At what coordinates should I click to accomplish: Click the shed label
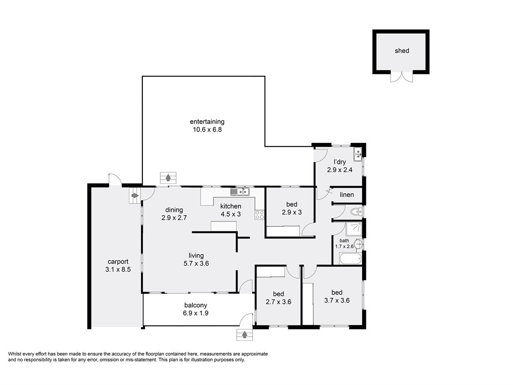pos(401,51)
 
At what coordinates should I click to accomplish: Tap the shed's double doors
pos(401,77)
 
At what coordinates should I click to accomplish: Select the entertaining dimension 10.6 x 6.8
pos(207,130)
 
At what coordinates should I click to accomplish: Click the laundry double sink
pos(357,154)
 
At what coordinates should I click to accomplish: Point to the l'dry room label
pos(339,162)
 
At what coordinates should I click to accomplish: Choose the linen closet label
pos(347,195)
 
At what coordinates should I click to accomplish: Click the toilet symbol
pos(356,212)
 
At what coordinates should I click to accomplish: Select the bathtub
pos(351,258)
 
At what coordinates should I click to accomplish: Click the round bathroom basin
pos(358,244)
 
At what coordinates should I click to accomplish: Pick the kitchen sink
pos(240,192)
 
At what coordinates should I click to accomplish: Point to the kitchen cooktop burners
pos(259,215)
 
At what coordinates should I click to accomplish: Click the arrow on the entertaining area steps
pos(168,178)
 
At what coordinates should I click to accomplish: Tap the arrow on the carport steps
pos(135,195)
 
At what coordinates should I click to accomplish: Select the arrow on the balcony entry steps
pos(245,335)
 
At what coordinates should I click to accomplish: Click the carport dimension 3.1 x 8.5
pos(118,269)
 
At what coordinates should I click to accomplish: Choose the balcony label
pos(196,305)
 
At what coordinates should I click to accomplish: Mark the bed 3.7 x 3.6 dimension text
pos(337,300)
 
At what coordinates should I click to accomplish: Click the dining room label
pos(174,210)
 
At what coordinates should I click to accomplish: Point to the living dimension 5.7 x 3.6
pos(196,264)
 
